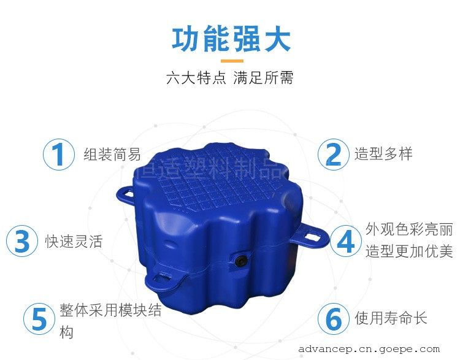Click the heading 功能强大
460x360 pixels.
[x=231, y=39]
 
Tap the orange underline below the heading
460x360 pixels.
[x=232, y=61]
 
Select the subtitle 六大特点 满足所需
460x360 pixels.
[x=230, y=78]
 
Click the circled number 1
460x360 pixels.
[x=59, y=155]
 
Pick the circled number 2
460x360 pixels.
[x=333, y=155]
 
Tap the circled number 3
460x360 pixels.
[x=22, y=241]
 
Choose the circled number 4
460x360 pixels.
[x=346, y=241]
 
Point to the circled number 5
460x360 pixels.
[x=39, y=319]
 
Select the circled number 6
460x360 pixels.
[x=334, y=319]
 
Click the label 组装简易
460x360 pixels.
[x=112, y=155]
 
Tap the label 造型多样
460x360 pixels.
[x=383, y=154]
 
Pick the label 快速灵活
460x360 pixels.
[x=74, y=242]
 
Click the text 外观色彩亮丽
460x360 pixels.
[x=409, y=229]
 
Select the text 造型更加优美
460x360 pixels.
[x=409, y=251]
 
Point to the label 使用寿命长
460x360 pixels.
[x=391, y=318]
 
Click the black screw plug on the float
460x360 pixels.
[x=241, y=260]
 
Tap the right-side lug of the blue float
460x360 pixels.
[x=310, y=238]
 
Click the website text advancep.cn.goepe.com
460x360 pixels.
[x=369, y=349]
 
